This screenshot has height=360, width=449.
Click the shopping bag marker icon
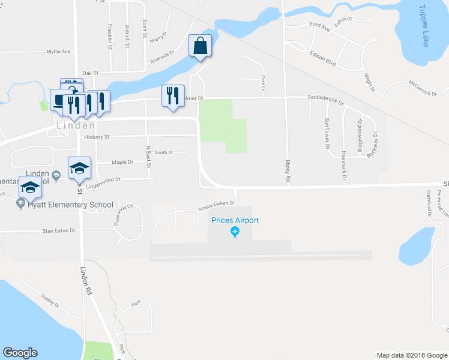point(200,46)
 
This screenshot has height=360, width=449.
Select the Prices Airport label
point(235,220)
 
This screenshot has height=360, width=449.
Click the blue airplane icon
point(235,232)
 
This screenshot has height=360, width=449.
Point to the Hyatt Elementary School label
point(70,205)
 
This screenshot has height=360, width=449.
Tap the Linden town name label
point(76,126)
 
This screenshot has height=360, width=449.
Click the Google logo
point(20,353)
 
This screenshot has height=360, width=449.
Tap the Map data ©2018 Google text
point(411,355)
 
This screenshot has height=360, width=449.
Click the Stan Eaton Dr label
point(59,230)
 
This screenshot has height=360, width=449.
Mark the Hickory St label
point(97,137)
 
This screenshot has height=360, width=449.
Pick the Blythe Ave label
point(58,52)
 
